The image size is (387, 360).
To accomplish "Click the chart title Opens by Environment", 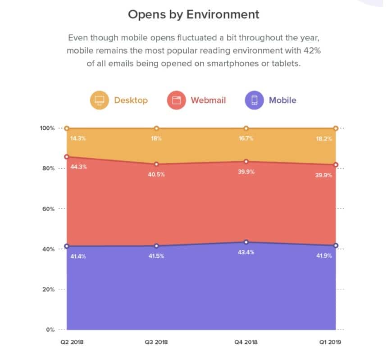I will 193,14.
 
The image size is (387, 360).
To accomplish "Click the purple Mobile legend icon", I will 254,100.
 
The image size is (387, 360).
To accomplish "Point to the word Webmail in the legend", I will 208,100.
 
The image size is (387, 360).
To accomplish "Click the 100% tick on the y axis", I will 46,128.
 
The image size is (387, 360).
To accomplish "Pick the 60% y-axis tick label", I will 48,209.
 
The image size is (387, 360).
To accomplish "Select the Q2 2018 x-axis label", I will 72,342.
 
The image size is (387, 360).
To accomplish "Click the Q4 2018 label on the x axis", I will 246,342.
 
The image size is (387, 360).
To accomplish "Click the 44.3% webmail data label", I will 78,167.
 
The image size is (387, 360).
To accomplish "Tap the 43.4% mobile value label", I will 246,252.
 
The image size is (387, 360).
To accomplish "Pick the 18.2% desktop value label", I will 324,139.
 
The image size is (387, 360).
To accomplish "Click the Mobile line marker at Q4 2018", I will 246,242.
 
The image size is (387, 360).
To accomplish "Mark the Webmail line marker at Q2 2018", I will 67,157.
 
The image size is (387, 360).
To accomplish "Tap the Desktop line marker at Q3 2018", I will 156,128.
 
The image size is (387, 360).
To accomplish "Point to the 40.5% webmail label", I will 156,174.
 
